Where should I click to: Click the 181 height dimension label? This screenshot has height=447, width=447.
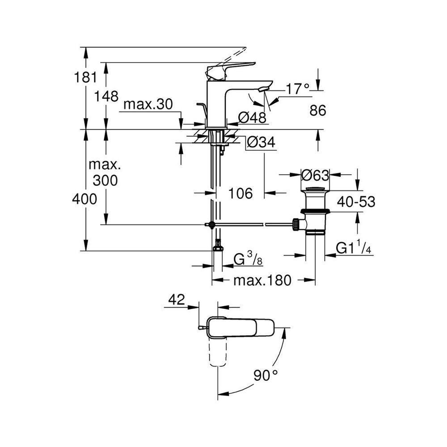coord(85,77)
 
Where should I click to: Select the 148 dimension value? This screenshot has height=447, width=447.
coord(106,97)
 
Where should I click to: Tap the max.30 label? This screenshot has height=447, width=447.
coord(148,104)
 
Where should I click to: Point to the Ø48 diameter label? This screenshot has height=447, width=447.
coord(252,117)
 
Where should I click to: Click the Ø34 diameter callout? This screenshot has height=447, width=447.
coord(261,142)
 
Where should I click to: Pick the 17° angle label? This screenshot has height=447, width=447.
coord(298,89)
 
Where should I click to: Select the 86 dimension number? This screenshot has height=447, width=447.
coord(318,110)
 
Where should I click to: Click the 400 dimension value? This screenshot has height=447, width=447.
coord(84,199)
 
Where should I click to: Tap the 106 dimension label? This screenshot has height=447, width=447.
coord(241,193)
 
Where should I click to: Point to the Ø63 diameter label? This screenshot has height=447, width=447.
coord(315,175)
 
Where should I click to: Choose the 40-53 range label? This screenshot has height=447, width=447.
coord(356,202)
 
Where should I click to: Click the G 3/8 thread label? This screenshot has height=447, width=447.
coord(248,259)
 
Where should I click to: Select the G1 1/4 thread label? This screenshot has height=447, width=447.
coord(354,248)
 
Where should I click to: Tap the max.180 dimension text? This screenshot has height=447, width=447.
coord(262,280)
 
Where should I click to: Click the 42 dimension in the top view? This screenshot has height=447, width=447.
coord(177,299)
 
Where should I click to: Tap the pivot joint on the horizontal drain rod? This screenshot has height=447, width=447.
coord(211,225)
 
